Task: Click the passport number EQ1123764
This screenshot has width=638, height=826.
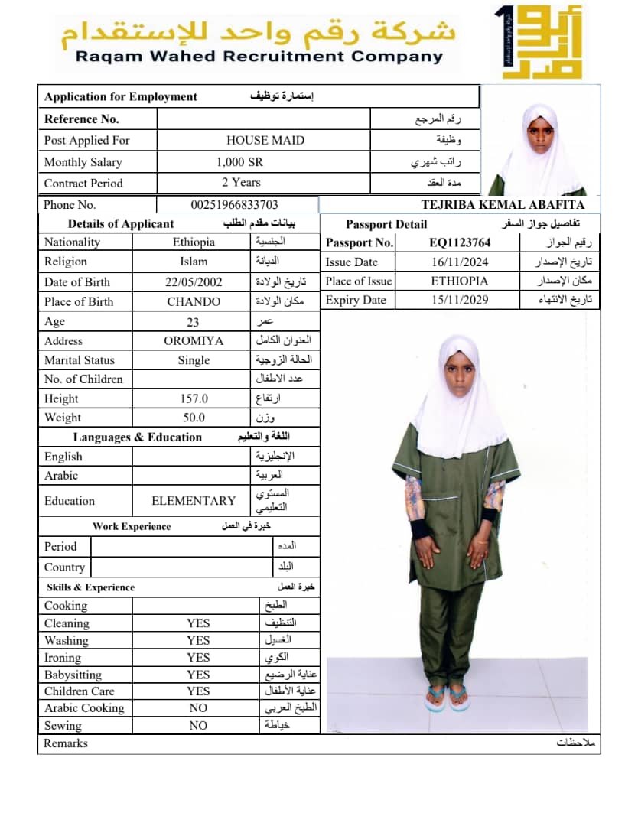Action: click(x=460, y=242)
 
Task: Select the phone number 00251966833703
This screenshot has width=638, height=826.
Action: click(x=234, y=204)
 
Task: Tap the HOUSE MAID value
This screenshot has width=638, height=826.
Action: click(x=265, y=140)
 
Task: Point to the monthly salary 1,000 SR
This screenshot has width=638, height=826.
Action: click(x=240, y=161)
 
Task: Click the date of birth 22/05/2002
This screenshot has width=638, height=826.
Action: click(x=194, y=281)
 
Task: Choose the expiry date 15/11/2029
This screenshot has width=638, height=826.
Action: click(x=460, y=300)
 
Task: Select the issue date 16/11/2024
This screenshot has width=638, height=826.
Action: click(x=460, y=262)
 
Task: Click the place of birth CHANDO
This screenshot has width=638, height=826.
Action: click(x=194, y=301)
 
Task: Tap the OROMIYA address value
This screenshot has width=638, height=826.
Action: click(x=194, y=340)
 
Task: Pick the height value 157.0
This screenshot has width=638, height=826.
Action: click(x=194, y=398)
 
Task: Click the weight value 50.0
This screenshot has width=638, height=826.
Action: click(x=194, y=418)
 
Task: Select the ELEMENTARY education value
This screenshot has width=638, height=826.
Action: click(x=194, y=501)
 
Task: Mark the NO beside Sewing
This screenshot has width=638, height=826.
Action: click(x=198, y=725)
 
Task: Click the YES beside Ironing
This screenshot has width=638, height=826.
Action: click(x=198, y=657)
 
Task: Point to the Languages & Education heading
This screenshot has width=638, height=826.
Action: click(x=138, y=437)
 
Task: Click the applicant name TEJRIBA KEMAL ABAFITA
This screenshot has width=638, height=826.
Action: click(x=503, y=204)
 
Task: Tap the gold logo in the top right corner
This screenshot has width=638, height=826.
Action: click(x=540, y=42)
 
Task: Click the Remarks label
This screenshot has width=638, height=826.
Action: click(x=66, y=743)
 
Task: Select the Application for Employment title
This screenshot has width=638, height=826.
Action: click(x=121, y=96)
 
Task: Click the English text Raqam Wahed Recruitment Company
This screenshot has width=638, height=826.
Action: click(x=259, y=57)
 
